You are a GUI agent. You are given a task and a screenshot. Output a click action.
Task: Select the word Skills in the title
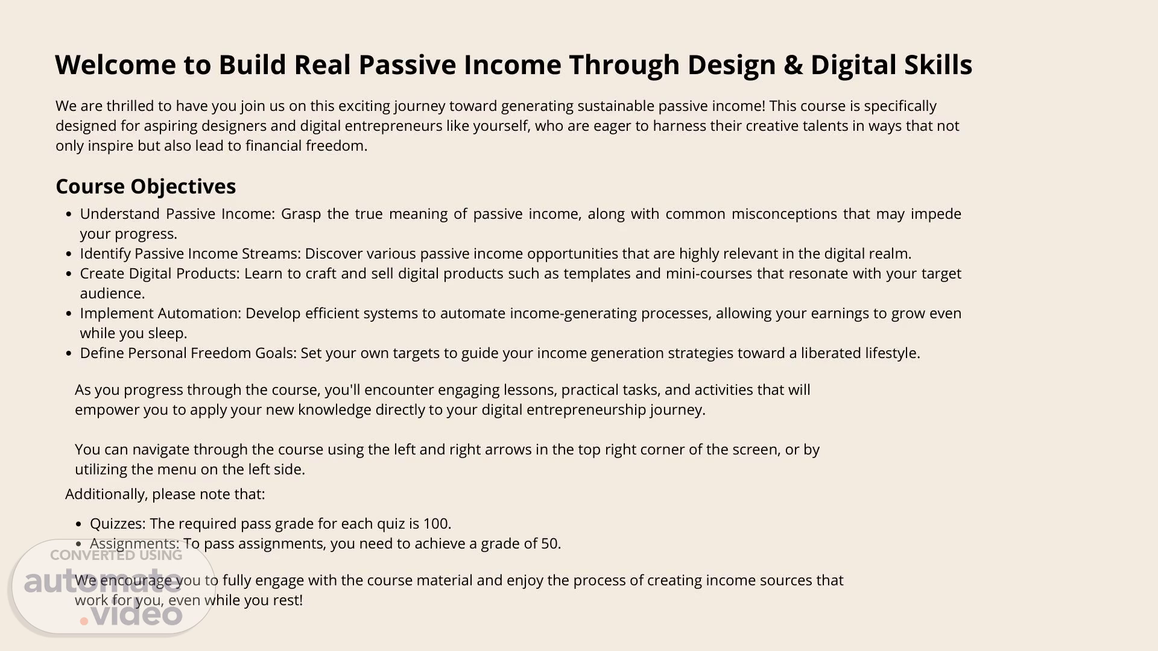[x=938, y=64]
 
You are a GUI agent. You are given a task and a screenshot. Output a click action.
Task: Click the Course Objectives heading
[x=145, y=187]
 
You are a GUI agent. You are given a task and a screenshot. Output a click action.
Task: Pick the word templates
[x=596, y=274]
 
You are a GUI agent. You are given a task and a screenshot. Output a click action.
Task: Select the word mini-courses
[x=709, y=274]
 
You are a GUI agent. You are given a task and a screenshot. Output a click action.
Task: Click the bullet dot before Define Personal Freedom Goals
[x=69, y=354]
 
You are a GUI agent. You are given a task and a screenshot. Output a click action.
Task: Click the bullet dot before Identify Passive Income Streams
[x=69, y=254]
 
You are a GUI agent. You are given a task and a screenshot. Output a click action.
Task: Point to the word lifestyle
[x=891, y=354]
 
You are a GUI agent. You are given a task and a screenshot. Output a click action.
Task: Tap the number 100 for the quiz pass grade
[x=437, y=524]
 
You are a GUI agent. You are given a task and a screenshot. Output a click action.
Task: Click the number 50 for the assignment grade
[x=551, y=544]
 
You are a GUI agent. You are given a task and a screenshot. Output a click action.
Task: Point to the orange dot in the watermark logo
[x=84, y=621]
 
